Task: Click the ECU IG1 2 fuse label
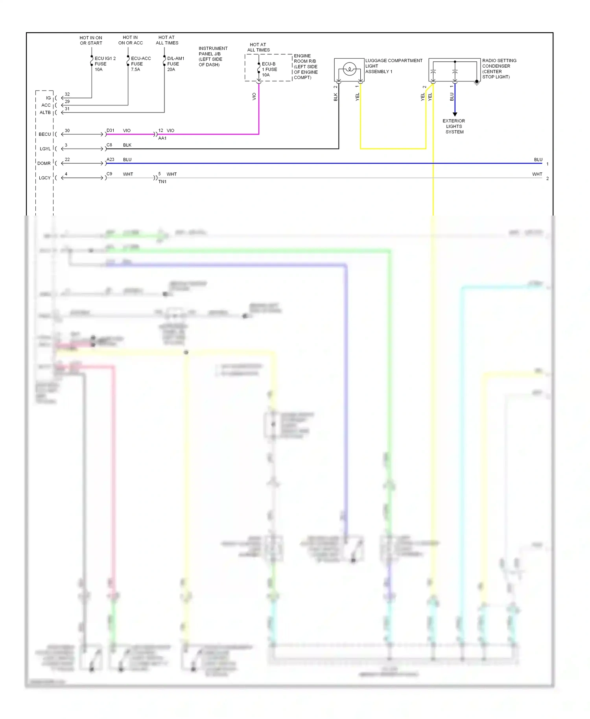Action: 105,64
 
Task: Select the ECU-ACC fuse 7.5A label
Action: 140,64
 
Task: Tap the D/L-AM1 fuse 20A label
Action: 175,64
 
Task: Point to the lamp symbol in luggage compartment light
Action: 349,70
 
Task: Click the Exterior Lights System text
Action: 454,126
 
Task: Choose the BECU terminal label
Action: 45,134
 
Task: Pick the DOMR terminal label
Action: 44,163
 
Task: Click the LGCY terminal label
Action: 44,178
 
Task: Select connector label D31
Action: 111,130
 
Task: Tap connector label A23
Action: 111,159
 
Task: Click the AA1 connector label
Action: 162,138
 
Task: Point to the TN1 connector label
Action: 162,182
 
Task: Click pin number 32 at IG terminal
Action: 67,94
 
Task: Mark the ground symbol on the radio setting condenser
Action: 477,83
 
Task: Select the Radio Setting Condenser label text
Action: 499,68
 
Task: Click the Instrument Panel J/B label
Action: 212,56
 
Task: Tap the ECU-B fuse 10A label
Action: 269,69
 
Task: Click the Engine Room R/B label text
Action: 305,66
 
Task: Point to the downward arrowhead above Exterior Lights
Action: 455,114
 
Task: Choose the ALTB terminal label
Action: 45,112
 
